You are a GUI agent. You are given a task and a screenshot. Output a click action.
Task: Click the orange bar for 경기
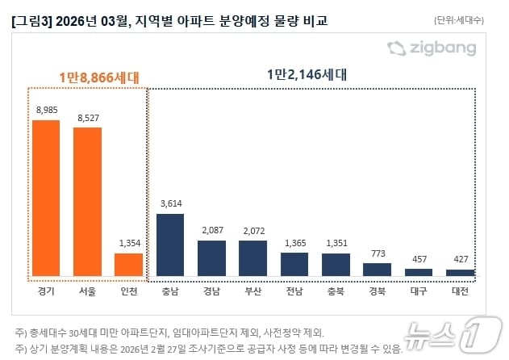(x=45, y=198)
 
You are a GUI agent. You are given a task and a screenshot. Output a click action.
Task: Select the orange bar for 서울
(x=87, y=201)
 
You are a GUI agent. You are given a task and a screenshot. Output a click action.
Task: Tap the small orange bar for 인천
(x=128, y=264)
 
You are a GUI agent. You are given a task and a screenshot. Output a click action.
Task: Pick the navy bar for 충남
(x=169, y=245)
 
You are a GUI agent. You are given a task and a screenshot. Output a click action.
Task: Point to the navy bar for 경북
(x=377, y=269)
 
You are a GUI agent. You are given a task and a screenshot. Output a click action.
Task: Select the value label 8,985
(x=45, y=110)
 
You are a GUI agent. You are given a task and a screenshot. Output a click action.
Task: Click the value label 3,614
(x=169, y=203)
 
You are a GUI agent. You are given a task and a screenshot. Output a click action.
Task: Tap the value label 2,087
(x=211, y=229)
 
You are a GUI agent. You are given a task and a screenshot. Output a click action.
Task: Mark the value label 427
(x=460, y=258)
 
